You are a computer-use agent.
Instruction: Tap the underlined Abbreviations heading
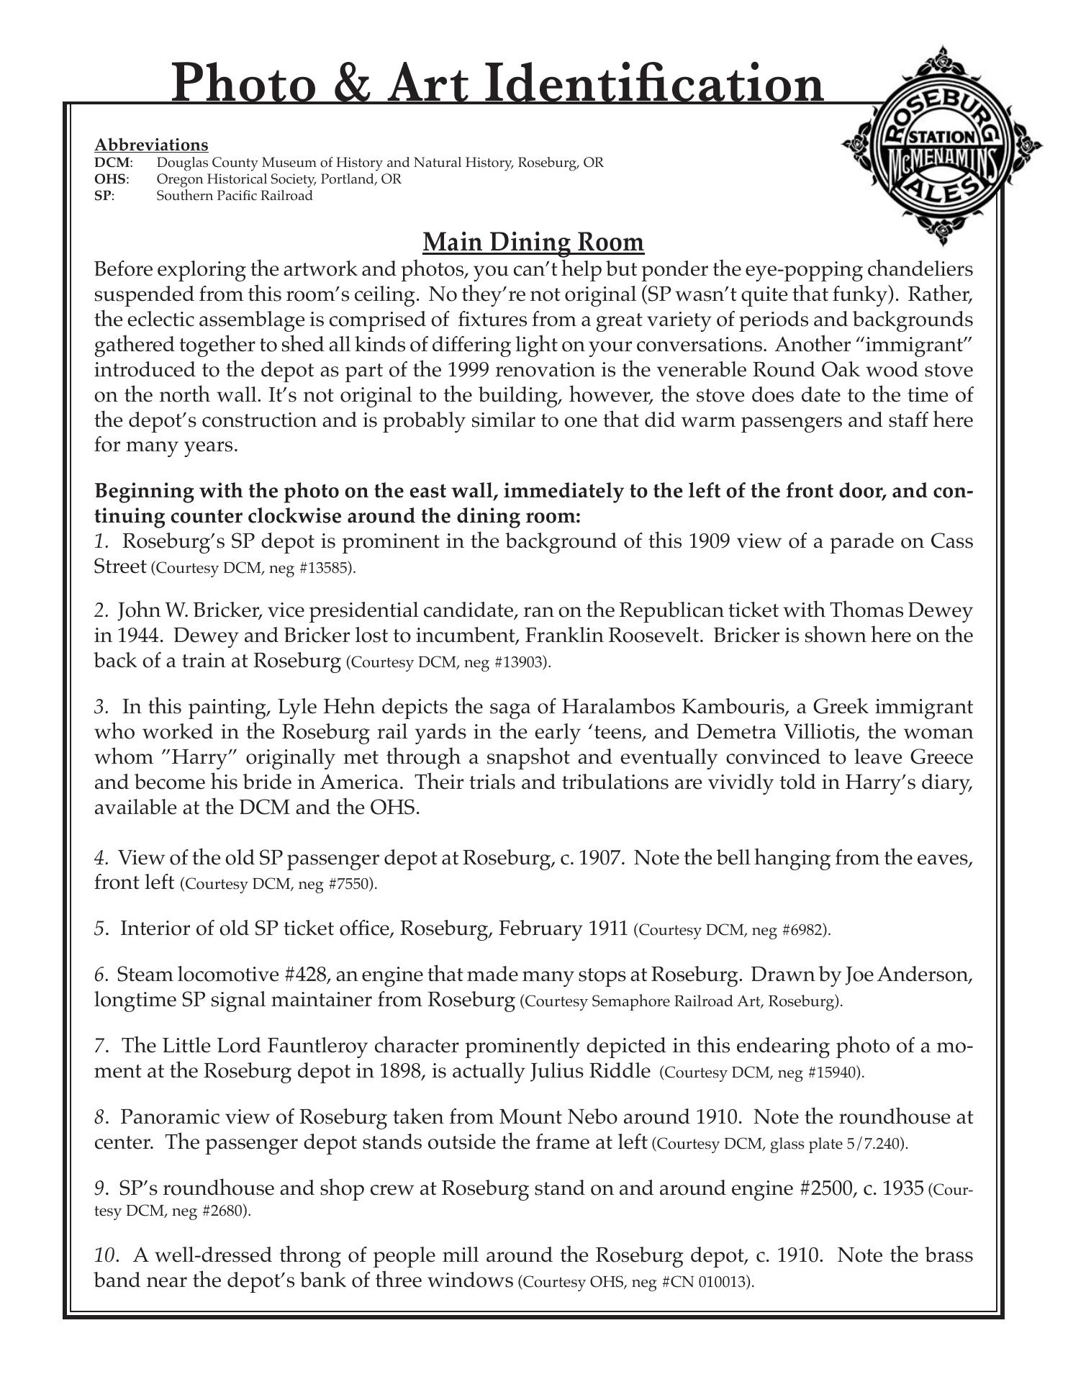(151, 145)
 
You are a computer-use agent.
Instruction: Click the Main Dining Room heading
(533, 243)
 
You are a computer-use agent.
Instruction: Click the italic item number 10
(105, 1255)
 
